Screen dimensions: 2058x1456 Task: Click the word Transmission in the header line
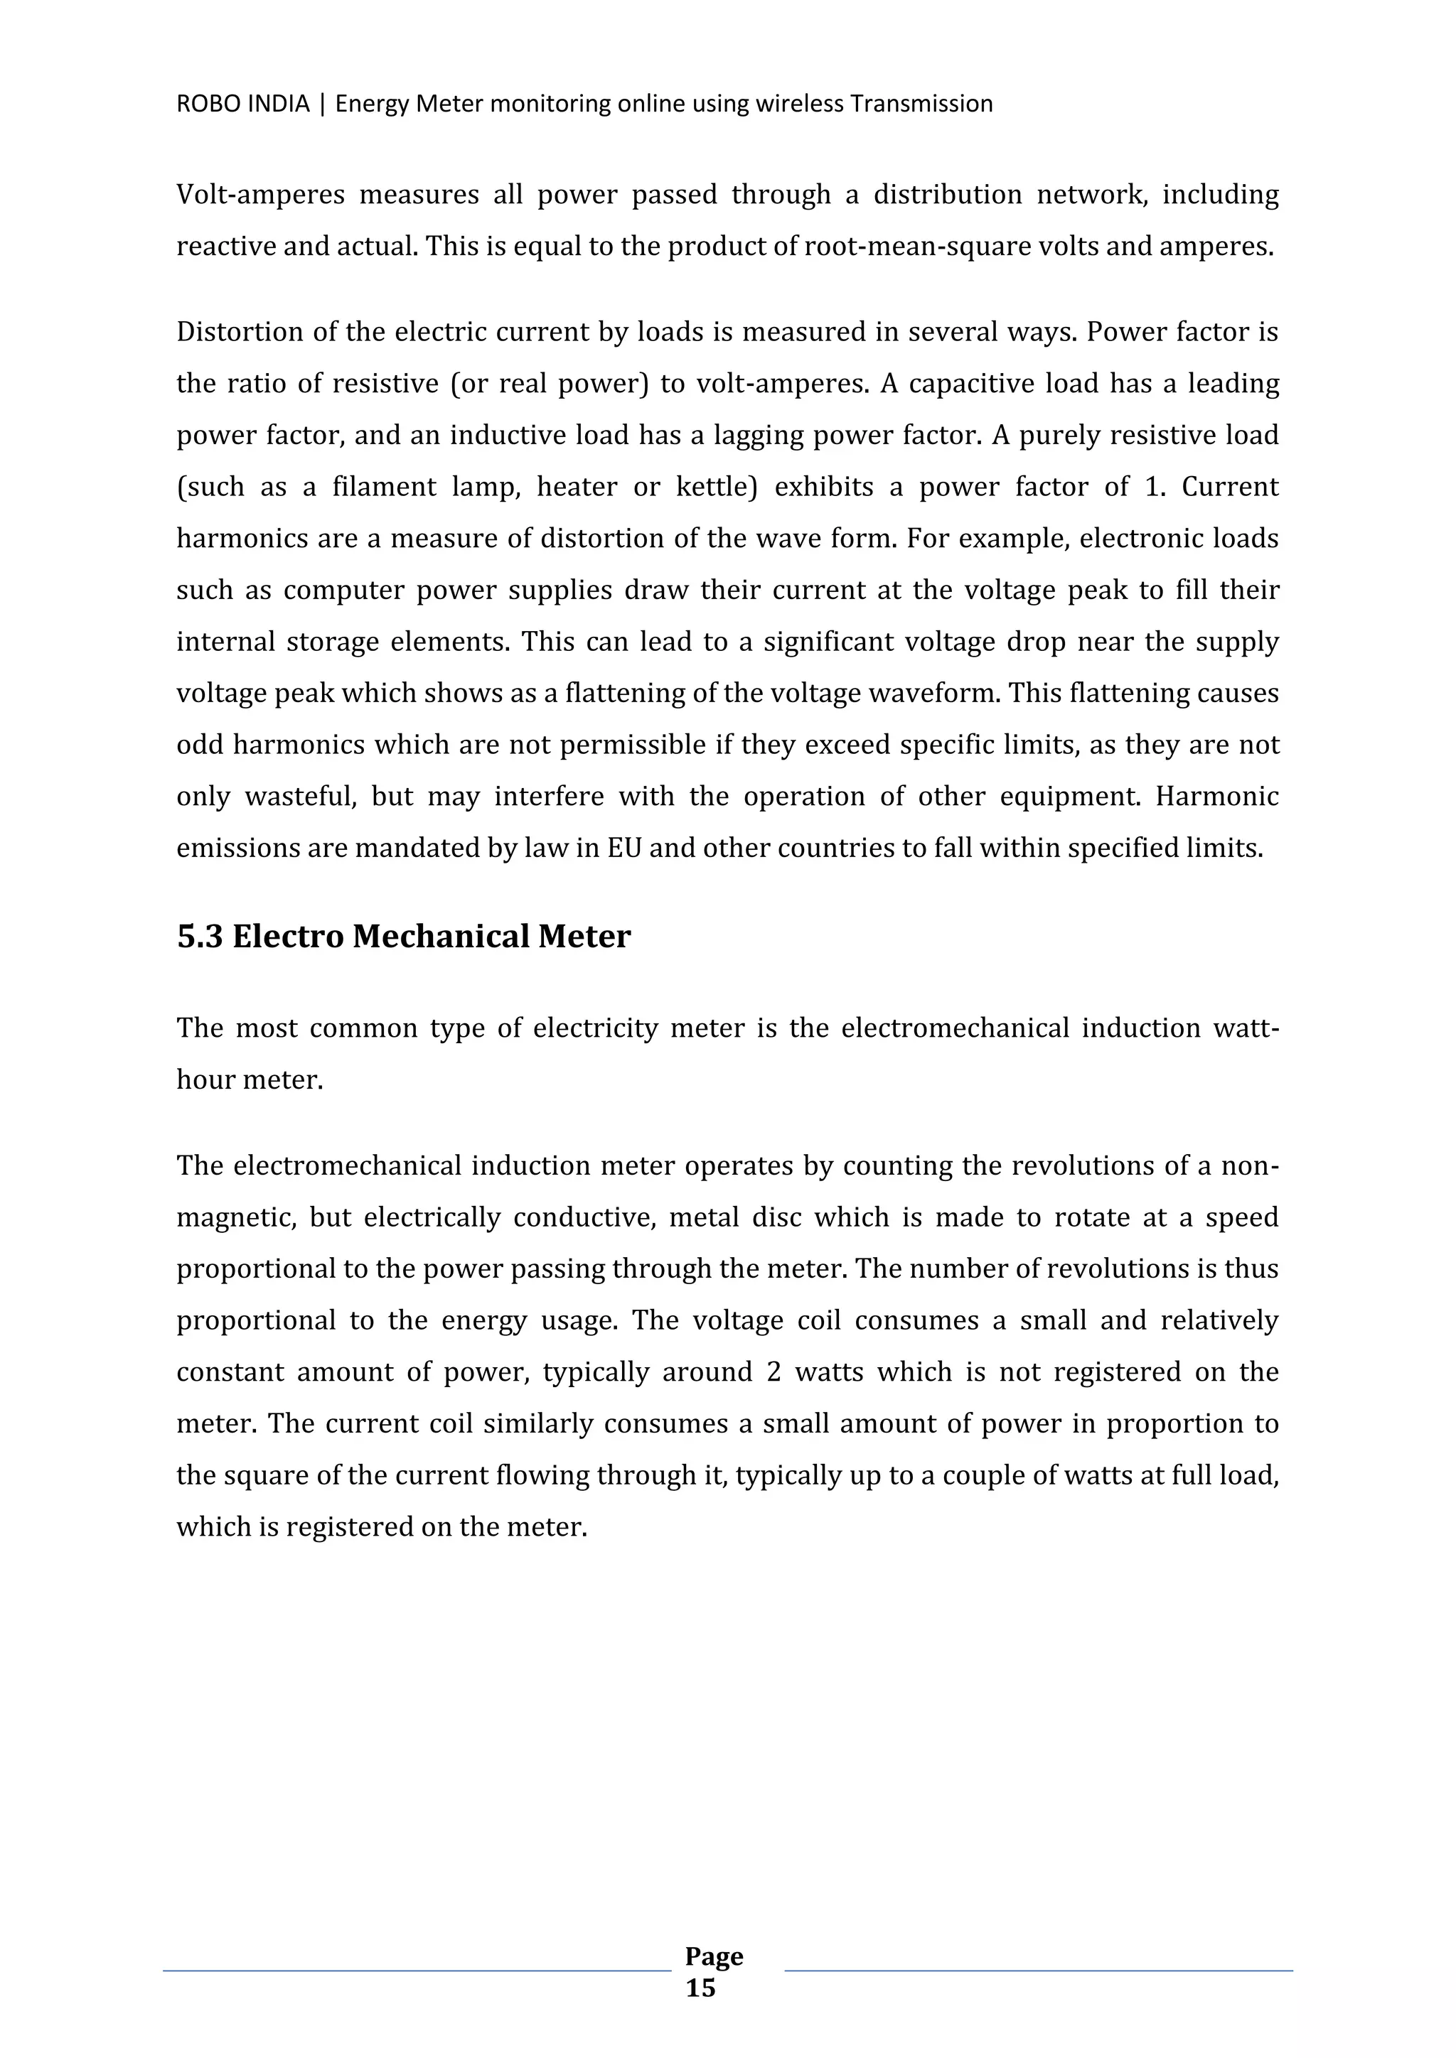pyautogui.click(x=921, y=104)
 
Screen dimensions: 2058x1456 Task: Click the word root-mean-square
pyautogui.click(x=917, y=247)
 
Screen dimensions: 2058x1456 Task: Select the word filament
pyautogui.click(x=384, y=487)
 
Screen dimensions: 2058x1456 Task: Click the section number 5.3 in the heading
pyautogui.click(x=198, y=937)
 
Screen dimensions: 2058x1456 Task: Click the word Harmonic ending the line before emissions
pyautogui.click(x=1216, y=797)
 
